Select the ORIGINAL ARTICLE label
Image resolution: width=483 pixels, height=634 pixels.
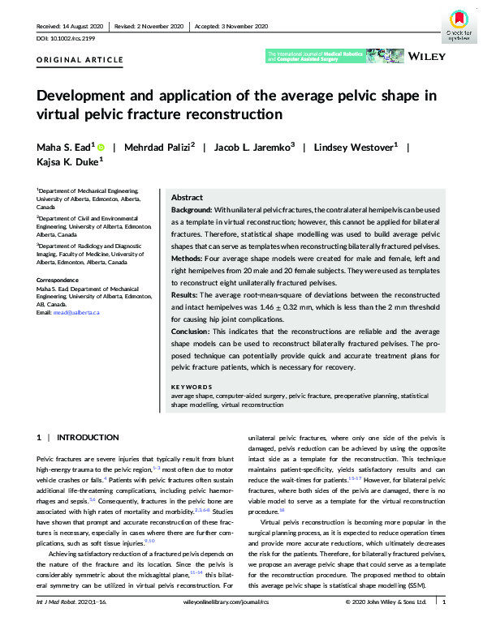tap(80, 60)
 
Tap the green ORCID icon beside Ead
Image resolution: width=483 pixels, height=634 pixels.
tap(101, 147)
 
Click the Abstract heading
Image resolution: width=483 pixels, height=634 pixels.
tap(187, 198)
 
